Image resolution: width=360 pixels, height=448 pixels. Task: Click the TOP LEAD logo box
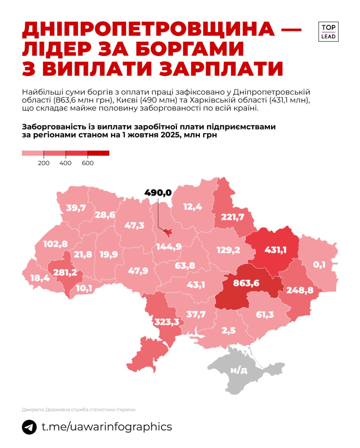coord(328,32)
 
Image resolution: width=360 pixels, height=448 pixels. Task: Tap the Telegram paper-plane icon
coord(29,427)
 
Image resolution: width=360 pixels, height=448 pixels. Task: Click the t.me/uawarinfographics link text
coord(107,427)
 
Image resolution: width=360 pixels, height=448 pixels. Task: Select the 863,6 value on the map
coord(246,282)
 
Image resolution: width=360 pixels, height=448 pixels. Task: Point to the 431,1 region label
coord(275,250)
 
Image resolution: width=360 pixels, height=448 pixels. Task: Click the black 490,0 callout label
coord(158,192)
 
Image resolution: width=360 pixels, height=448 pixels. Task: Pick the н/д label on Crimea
coord(239,370)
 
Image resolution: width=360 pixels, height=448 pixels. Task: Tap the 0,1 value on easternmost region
coord(319,265)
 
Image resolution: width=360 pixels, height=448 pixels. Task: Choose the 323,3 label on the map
coord(167,321)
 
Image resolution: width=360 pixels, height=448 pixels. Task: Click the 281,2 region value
coord(65,272)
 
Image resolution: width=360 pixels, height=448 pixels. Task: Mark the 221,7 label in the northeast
coord(232,217)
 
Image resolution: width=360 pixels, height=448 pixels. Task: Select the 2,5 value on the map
coord(228,330)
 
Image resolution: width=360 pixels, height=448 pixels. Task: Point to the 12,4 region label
coord(192,206)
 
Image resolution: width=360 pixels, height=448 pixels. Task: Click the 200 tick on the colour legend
coord(44,163)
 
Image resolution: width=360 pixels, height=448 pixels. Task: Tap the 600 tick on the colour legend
coord(88,163)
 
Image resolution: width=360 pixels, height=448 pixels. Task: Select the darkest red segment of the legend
coord(98,153)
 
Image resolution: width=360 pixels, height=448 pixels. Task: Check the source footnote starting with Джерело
coord(79,409)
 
